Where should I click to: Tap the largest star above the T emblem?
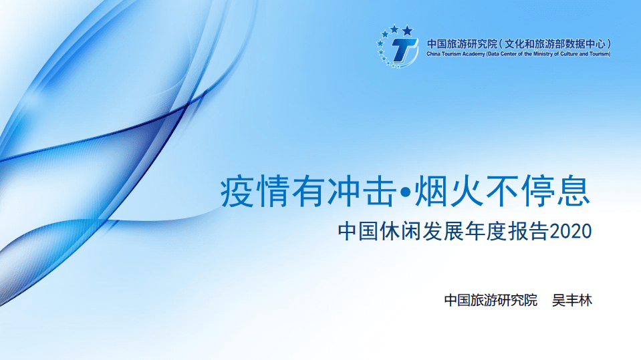[x=407, y=31]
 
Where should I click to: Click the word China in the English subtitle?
[x=434, y=54]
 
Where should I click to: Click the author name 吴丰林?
[x=572, y=300]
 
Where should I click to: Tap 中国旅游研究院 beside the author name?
[x=491, y=300]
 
